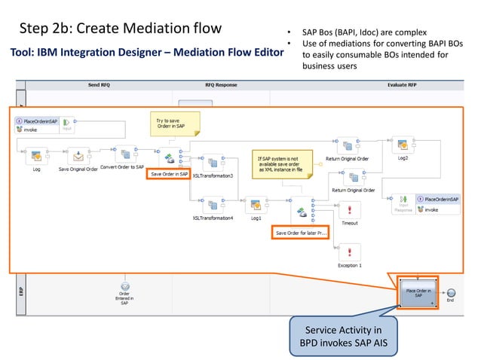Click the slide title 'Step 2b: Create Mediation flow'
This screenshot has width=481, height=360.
(121, 29)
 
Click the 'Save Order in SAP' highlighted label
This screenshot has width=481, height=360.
(169, 174)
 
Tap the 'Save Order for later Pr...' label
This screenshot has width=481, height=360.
(300, 233)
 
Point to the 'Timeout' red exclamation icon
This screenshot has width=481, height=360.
(349, 209)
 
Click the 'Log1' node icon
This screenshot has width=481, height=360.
(256, 205)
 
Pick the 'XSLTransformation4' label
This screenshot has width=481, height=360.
(213, 218)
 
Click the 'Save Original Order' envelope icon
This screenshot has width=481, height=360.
(78, 155)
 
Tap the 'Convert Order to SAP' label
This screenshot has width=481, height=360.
(122, 167)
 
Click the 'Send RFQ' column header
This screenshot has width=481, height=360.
(94, 85)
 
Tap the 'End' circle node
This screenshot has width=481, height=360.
(451, 293)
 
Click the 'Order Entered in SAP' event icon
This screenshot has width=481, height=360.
(124, 287)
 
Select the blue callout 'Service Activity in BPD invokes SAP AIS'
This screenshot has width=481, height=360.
(346, 335)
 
